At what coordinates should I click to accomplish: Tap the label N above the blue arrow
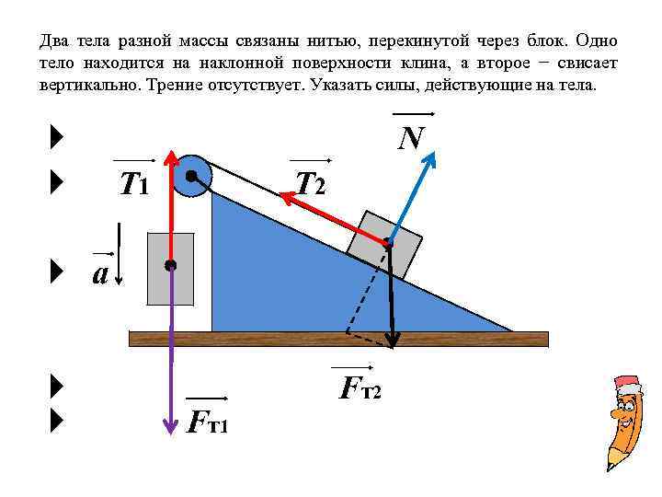point(411,138)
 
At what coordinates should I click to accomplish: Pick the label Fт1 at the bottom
point(208,422)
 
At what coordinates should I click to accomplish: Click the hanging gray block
point(171,268)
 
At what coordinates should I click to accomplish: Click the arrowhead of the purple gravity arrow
point(171,426)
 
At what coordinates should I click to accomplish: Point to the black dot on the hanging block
point(171,265)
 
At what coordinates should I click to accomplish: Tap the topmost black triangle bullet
point(57,139)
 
